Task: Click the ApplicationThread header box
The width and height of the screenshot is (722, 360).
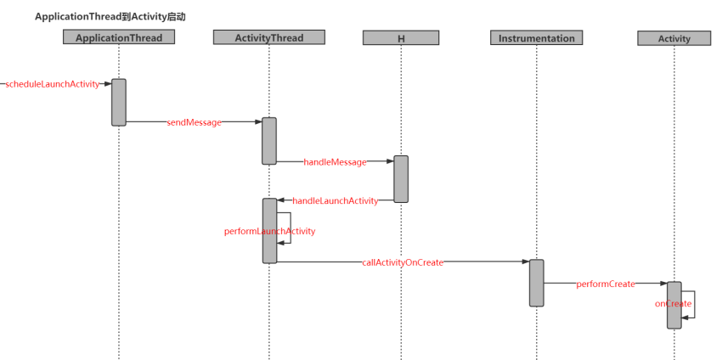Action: (119, 37)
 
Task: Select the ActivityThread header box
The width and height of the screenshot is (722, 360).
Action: (268, 37)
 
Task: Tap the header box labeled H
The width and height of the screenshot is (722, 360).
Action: (400, 38)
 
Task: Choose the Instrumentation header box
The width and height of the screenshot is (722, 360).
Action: (536, 38)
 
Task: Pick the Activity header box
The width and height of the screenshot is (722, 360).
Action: (674, 38)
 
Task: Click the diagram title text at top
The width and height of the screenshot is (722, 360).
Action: (110, 16)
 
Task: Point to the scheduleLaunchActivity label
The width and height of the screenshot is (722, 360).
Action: (54, 84)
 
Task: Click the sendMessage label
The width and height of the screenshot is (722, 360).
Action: (194, 122)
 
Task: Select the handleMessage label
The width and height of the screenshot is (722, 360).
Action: (335, 161)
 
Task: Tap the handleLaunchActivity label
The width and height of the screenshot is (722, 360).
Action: (335, 200)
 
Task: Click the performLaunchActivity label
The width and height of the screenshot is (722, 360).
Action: (269, 231)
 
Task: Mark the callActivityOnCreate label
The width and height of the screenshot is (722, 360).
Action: (403, 263)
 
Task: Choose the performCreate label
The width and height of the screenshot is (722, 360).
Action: (605, 284)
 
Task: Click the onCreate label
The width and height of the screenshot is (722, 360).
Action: (673, 304)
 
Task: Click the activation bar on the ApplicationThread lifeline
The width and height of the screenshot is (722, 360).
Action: (119, 102)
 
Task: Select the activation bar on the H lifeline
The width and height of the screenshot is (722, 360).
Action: (400, 178)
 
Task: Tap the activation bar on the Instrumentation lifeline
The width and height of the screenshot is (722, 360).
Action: (536, 283)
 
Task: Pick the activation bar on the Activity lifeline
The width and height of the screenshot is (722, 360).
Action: (674, 305)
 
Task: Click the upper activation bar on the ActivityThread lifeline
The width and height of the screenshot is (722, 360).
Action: (268, 141)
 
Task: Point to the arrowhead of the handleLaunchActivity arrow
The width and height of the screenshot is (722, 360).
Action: (281, 200)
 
